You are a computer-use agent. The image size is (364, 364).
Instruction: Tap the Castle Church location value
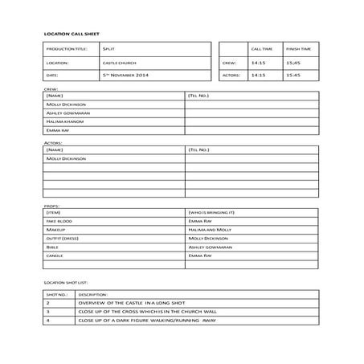(x=117, y=62)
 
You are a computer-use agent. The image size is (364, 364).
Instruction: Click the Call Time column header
(x=262, y=49)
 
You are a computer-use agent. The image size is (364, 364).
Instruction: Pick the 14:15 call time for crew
(x=258, y=62)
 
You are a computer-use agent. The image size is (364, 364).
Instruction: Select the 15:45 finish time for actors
(x=293, y=75)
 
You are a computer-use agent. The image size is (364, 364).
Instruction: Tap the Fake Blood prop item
(x=60, y=220)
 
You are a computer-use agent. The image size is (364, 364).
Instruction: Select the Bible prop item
(x=54, y=247)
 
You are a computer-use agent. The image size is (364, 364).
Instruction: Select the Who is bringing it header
(x=212, y=211)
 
